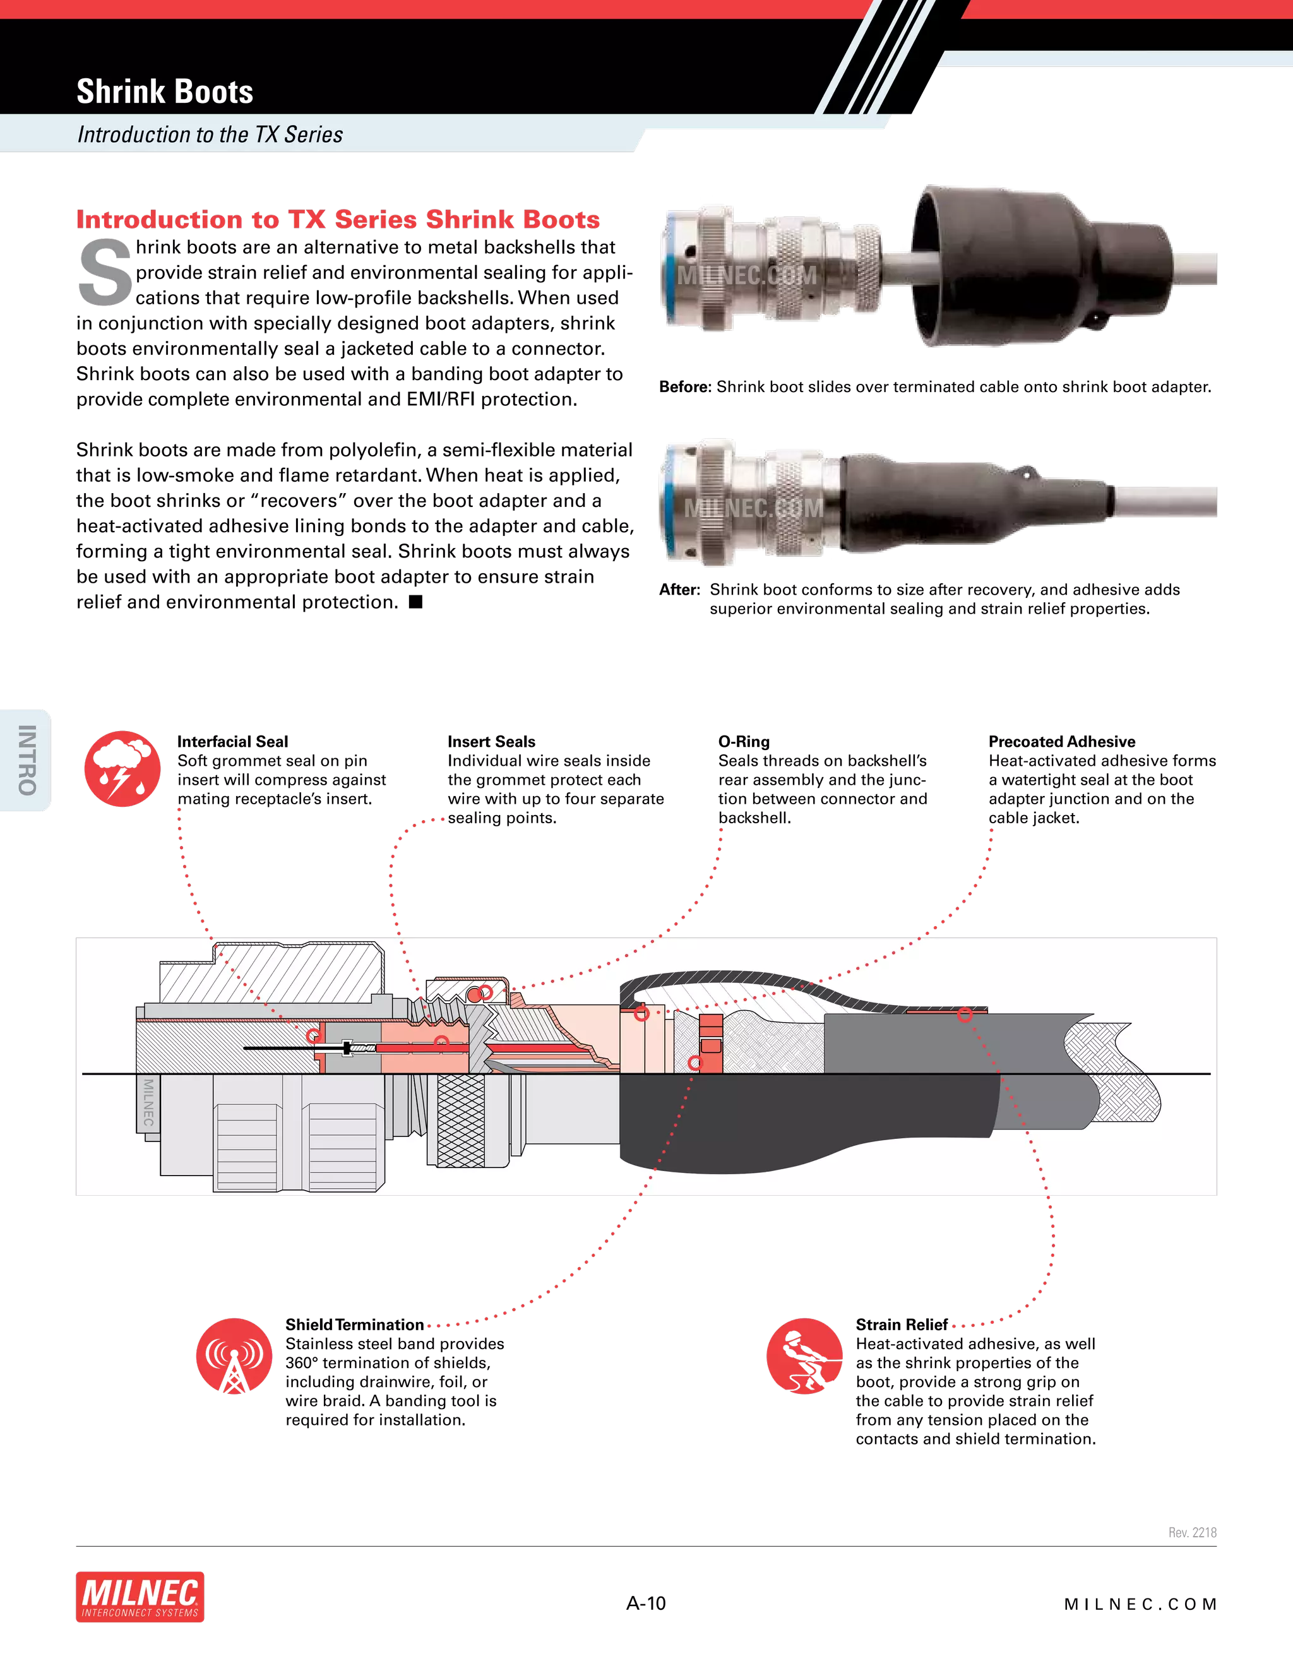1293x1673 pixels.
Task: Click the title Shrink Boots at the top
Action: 165,92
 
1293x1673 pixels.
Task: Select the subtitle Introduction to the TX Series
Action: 210,135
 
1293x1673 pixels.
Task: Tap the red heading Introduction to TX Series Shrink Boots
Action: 338,220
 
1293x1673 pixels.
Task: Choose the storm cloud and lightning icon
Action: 122,768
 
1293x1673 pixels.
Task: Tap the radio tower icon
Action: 234,1356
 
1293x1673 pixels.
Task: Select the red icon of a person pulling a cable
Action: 804,1356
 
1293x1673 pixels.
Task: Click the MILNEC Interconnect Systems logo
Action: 141,1597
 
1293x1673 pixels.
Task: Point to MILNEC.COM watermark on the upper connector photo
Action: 746,276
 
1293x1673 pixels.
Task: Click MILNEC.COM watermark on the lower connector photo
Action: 753,508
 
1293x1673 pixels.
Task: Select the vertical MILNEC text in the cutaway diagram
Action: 148,1103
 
